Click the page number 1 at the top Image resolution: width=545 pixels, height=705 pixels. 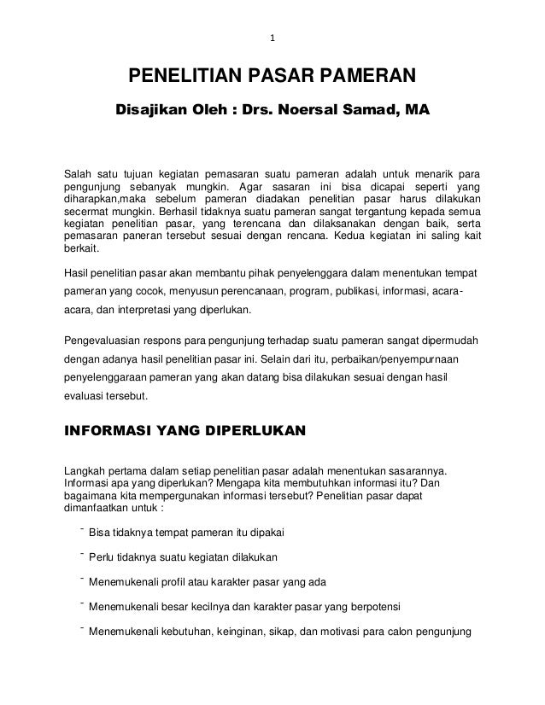point(272,38)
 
